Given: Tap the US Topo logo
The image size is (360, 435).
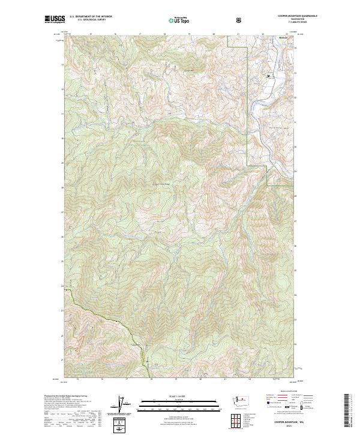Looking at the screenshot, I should pos(175,20).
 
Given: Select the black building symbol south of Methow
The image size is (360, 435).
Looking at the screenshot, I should pos(269,76).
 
